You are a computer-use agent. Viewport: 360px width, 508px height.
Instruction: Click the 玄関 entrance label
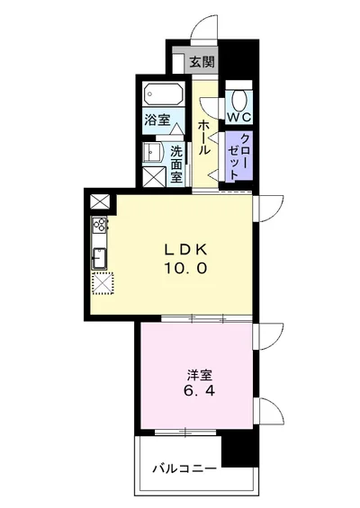pos(202,62)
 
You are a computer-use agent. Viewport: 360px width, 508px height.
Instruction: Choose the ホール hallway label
pos(204,137)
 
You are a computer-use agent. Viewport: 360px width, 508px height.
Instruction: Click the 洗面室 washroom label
pos(177,164)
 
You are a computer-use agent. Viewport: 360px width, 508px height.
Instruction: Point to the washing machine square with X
pos(152,175)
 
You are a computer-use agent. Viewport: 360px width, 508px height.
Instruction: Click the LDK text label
pos(186,249)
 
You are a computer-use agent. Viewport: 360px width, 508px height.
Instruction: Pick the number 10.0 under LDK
pos(186,268)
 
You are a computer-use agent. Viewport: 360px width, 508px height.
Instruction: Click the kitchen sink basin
pos(99,258)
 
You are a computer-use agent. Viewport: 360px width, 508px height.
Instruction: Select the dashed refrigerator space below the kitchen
pos(101,283)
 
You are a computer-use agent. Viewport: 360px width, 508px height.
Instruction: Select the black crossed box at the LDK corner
pos(98,202)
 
